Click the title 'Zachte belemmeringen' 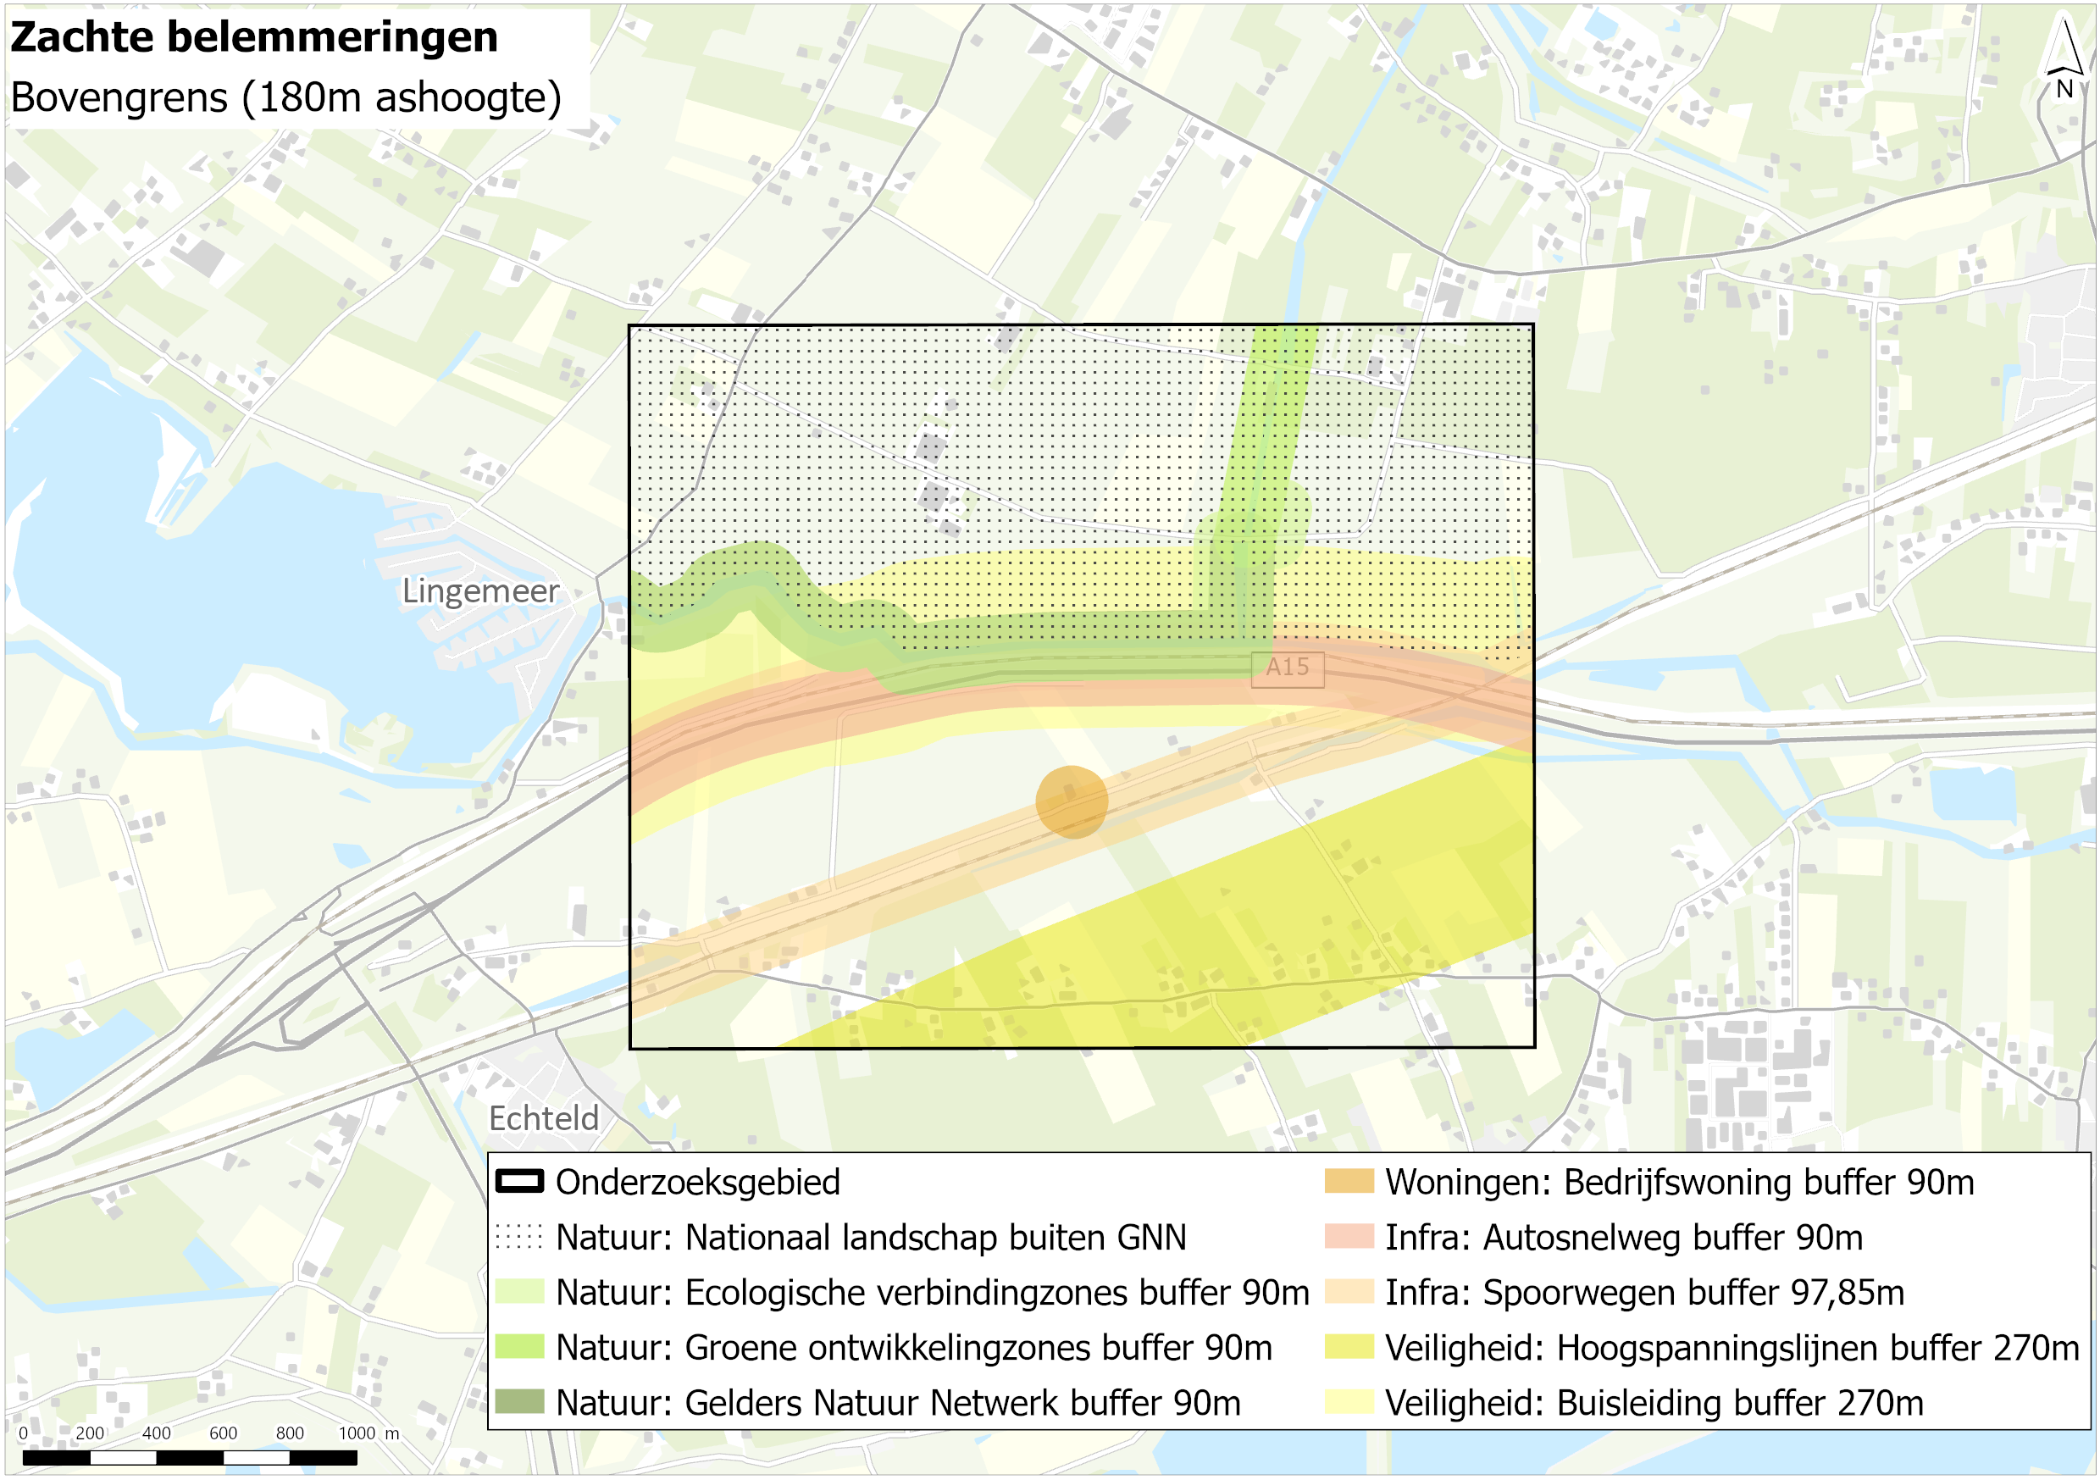(x=254, y=38)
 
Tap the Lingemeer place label (x=480, y=591)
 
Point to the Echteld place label (x=543, y=1117)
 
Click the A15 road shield (x=1287, y=668)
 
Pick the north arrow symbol (x=2064, y=59)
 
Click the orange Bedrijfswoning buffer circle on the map (x=1072, y=802)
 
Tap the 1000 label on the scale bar (x=357, y=1433)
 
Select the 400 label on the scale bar (x=157, y=1433)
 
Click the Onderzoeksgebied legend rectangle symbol (x=519, y=1181)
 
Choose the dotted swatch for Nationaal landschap (x=519, y=1237)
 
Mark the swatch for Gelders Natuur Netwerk (x=519, y=1402)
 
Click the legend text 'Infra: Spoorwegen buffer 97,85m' (x=1644, y=1293)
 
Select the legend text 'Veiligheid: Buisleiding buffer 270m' (x=1654, y=1403)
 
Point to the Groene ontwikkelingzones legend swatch (x=519, y=1347)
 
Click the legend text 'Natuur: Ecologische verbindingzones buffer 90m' (x=932, y=1293)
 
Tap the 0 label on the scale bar (x=23, y=1433)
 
